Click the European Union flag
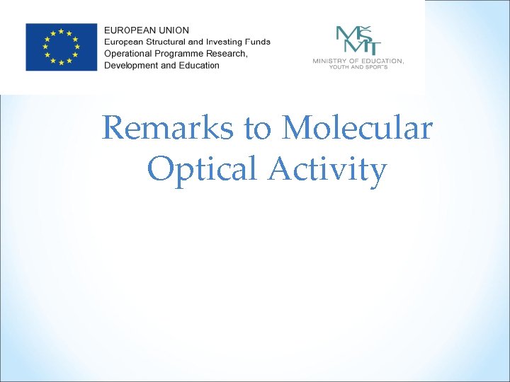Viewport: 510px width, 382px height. pyautogui.click(x=61, y=47)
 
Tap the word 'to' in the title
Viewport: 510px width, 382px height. pyautogui.click(x=258, y=129)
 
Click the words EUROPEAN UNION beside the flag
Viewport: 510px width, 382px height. pyautogui.click(x=147, y=30)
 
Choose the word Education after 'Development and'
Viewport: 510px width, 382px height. pyautogui.click(x=200, y=65)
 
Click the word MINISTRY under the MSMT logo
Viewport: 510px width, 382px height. pyautogui.click(x=329, y=62)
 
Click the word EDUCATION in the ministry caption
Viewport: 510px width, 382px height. pyautogui.click(x=382, y=62)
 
